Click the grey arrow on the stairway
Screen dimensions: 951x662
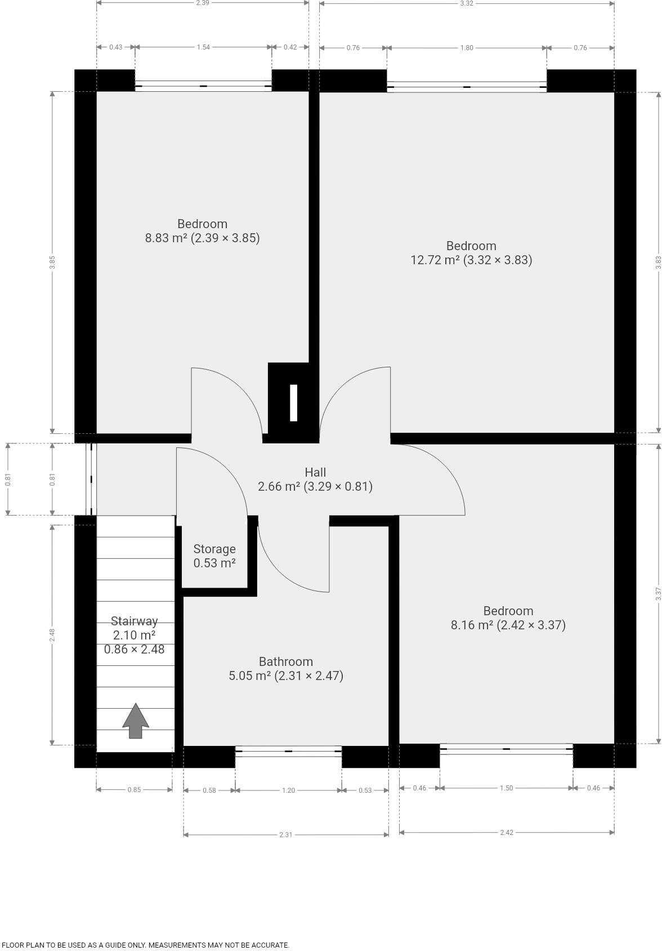[136, 721]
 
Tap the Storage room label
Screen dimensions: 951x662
[214, 549]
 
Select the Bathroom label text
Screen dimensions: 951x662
[286, 661]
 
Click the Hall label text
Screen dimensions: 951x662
[315, 472]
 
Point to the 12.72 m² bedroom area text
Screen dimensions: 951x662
[471, 260]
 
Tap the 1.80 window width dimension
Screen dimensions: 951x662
[467, 48]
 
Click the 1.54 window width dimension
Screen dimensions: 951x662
[203, 47]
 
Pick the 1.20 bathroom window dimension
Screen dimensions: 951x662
[288, 790]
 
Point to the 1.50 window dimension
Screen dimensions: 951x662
[506, 788]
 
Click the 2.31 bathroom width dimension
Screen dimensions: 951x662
[286, 835]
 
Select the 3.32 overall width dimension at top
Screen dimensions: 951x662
[467, 3]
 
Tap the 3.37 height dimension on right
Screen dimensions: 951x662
[659, 594]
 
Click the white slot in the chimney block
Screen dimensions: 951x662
[293, 403]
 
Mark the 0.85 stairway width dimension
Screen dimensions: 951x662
[134, 790]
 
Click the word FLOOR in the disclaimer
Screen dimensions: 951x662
[13, 945]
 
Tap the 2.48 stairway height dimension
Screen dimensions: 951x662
[52, 635]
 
